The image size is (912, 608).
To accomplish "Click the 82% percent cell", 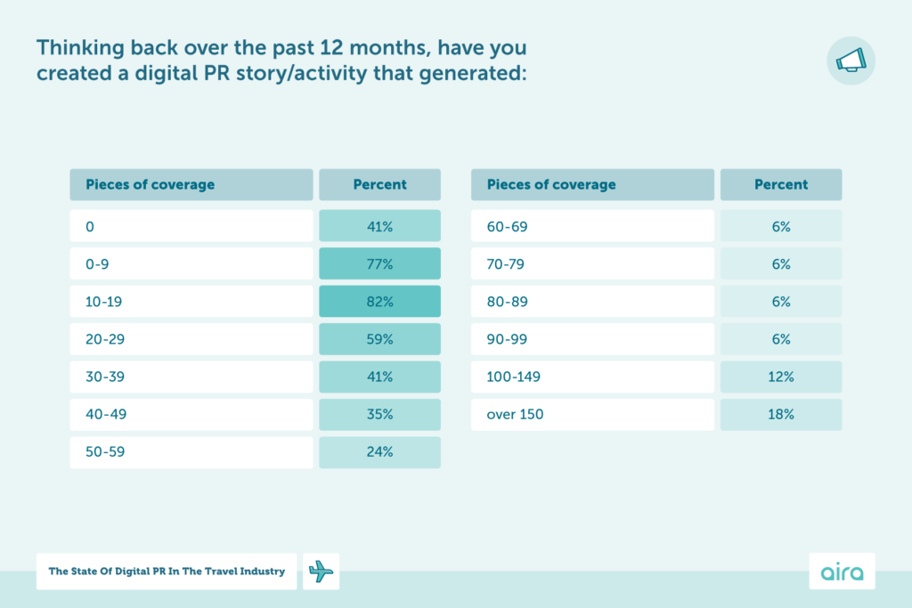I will (x=379, y=302).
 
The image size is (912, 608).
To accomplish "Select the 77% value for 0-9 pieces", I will (x=379, y=264).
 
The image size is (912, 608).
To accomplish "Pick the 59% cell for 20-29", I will (x=379, y=339).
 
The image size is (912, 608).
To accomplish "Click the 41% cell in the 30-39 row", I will (x=379, y=377).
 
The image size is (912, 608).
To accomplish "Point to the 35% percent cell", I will (x=379, y=414).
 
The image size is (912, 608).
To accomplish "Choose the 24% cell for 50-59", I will (x=379, y=451).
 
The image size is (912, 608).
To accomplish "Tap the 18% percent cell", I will (x=780, y=414).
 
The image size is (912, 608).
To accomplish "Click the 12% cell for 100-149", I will (x=780, y=377).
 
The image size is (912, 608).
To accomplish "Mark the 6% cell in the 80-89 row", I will (x=780, y=302).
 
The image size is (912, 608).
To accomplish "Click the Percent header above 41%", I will (x=379, y=185).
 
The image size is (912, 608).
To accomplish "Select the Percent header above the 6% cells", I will (x=780, y=185).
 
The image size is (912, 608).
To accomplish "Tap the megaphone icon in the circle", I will (x=851, y=61).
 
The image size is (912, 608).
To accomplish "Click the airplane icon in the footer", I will (x=322, y=572).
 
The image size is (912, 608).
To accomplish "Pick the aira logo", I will (x=842, y=572).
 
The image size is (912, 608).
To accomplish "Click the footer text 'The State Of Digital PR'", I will (x=167, y=572).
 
